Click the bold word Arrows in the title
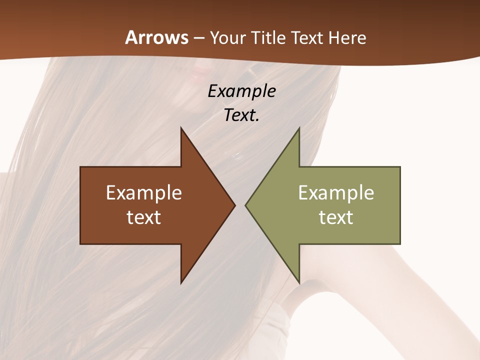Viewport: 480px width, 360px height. coord(156,37)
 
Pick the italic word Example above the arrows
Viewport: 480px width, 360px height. coord(241,91)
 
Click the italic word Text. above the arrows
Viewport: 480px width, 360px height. coord(241,115)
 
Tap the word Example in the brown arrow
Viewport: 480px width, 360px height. coord(144,193)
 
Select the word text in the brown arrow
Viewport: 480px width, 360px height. coord(144,217)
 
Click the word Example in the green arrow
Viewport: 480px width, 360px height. coord(336,193)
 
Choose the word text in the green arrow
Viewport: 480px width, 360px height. coord(336,217)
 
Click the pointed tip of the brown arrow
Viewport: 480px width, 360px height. coord(234,205)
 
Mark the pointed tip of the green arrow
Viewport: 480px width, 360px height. coord(245,205)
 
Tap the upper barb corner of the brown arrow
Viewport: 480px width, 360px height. coord(181,128)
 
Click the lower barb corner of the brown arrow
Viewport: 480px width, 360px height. coord(181,282)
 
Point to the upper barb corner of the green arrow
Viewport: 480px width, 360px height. coord(299,128)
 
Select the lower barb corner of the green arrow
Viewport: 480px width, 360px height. coord(299,282)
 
